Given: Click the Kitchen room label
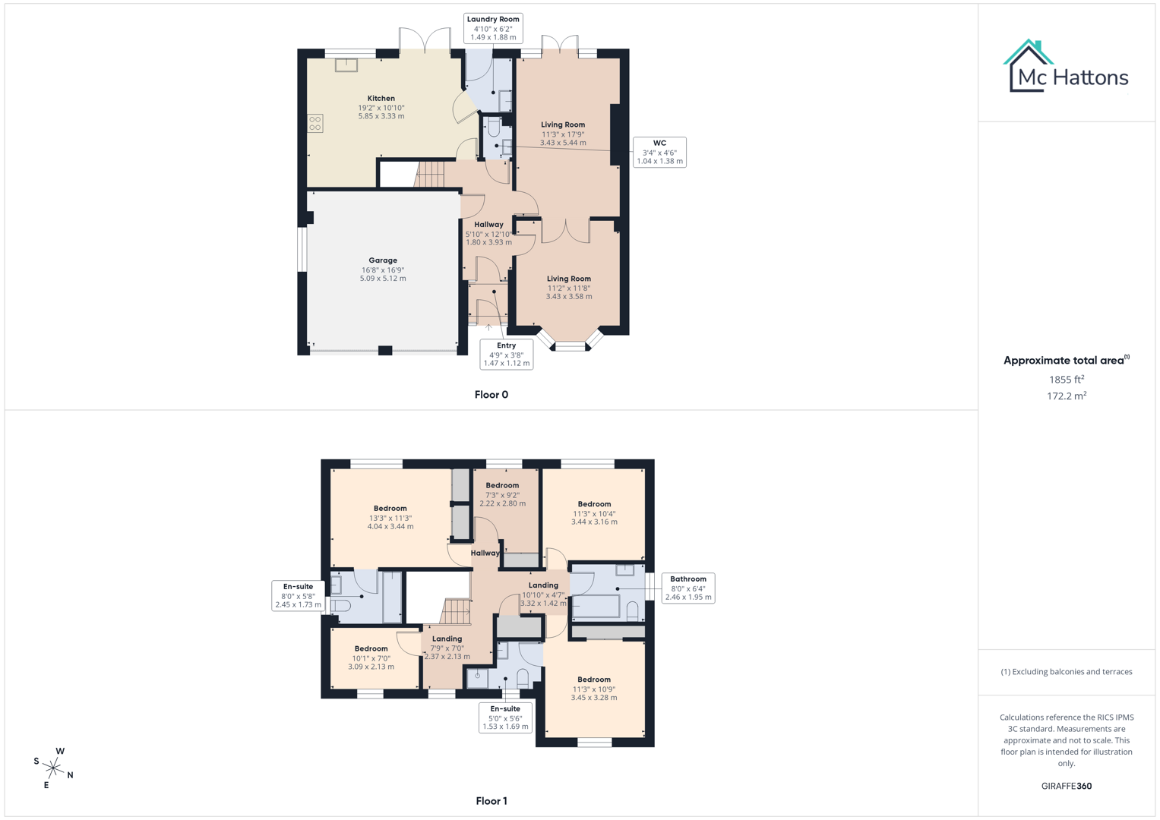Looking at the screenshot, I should click(x=381, y=99).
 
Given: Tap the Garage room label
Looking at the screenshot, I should click(x=383, y=260).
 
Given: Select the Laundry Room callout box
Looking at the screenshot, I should click(x=493, y=28).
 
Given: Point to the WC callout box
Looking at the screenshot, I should click(x=659, y=152).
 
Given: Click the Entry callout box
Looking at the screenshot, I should click(x=506, y=355).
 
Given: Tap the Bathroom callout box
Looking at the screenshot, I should click(x=687, y=588).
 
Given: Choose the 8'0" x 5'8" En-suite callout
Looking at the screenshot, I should click(x=298, y=595).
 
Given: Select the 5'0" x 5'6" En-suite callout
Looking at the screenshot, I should click(x=505, y=717).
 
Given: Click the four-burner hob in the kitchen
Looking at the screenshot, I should click(x=314, y=123).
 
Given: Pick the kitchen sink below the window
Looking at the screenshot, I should click(x=346, y=65).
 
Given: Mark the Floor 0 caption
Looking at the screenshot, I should click(x=491, y=395).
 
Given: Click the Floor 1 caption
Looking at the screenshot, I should click(x=491, y=801).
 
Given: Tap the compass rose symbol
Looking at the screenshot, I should click(x=54, y=768).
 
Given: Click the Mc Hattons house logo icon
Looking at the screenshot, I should click(x=1028, y=66).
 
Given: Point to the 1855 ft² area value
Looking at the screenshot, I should click(x=1066, y=380).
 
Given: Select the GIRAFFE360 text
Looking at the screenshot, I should click(x=1066, y=786).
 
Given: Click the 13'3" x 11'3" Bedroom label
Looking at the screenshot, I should click(x=390, y=509).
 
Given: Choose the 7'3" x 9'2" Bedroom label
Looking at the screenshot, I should click(x=502, y=486).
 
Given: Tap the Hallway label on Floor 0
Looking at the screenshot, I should click(x=488, y=225).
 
